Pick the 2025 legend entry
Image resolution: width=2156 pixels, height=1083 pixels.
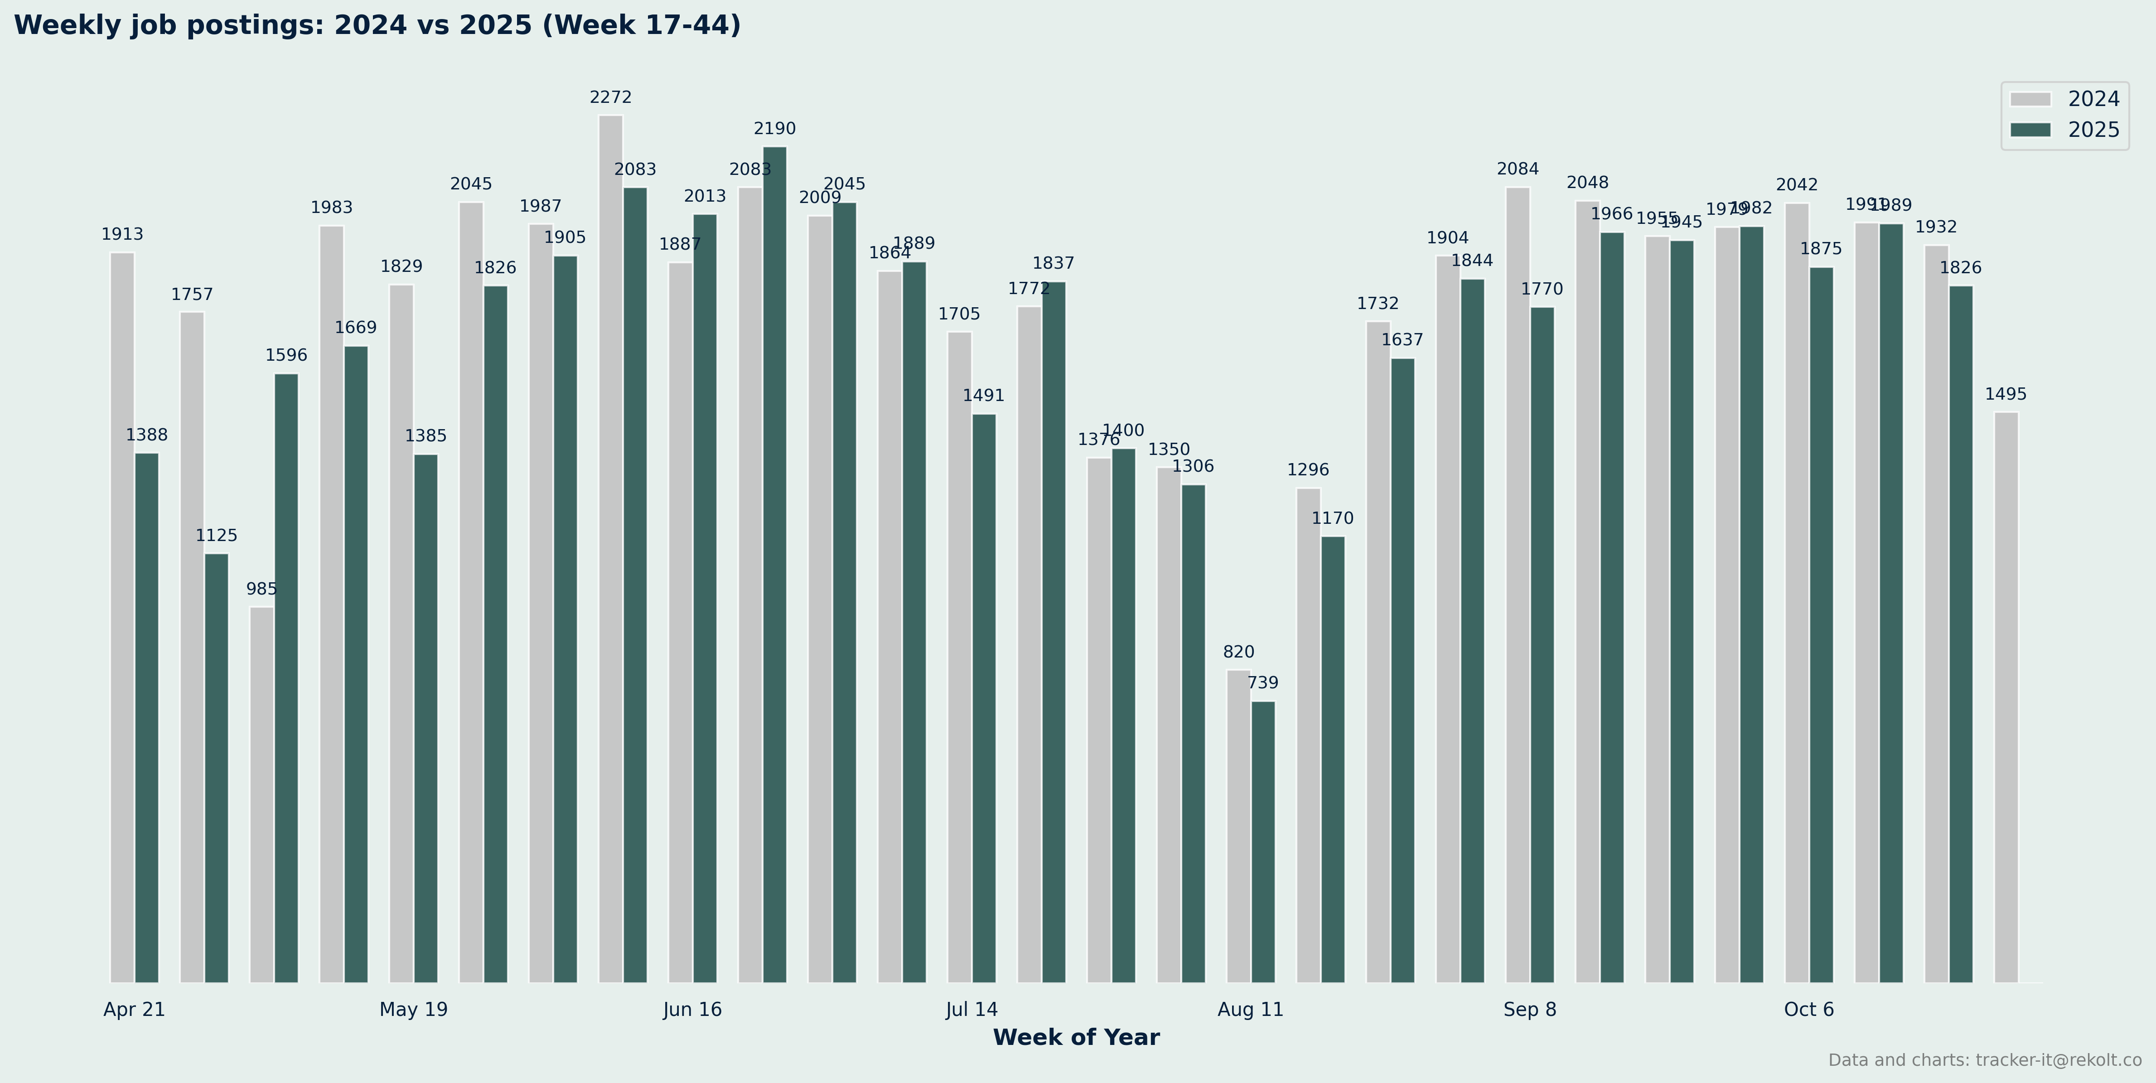(2064, 130)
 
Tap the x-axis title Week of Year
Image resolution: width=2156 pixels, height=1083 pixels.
(1075, 1038)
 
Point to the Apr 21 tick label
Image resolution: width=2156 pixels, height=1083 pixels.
(134, 1009)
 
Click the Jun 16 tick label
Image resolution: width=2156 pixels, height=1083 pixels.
(692, 1009)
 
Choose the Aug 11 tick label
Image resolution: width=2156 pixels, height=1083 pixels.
(1250, 1009)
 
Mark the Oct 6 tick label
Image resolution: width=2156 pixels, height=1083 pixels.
(1808, 1009)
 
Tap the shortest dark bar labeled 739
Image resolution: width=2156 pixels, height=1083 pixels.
(1263, 841)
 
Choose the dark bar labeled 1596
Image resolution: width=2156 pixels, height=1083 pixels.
(286, 678)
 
